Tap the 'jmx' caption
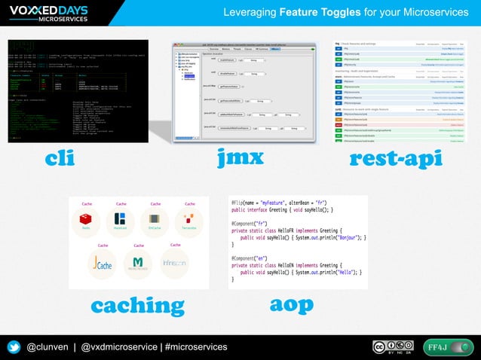(x=240, y=158)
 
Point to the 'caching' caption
(x=137, y=305)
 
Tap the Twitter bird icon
(x=14, y=346)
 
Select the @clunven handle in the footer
(x=47, y=346)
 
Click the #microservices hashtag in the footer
(x=195, y=346)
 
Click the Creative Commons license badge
(x=394, y=346)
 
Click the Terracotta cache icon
(x=188, y=220)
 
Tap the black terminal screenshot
(x=78, y=91)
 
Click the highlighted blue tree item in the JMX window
(x=190, y=76)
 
